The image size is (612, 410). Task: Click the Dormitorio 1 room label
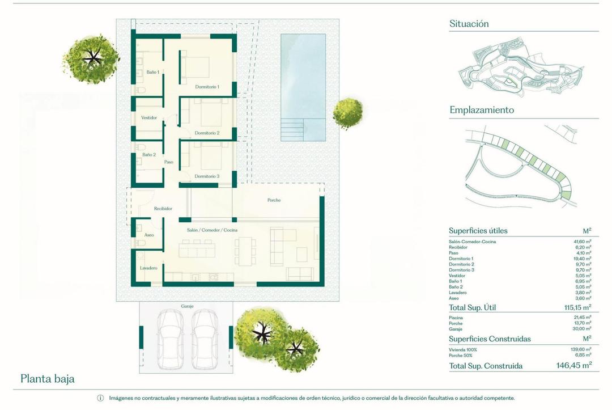pos(207,87)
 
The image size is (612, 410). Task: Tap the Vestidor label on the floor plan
pos(149,118)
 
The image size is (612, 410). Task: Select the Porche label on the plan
pos(274,200)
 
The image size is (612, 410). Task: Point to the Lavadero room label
pos(148,268)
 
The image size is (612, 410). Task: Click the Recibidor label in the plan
pos(163,209)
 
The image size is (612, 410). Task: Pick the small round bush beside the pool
pos(347,113)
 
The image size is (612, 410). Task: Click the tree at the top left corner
pos(91,58)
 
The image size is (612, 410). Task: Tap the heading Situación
pos(469,24)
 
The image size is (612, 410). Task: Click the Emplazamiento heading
pos(482,110)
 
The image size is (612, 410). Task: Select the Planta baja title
pos(48,379)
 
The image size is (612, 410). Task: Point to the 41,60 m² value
pos(581,242)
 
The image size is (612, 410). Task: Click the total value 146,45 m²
pos(574,366)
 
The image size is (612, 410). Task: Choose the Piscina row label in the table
pos(456,318)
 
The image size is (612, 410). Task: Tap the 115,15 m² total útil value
pos(575,307)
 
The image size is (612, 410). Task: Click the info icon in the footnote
pos(100,398)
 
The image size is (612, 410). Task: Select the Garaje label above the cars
pos(187,306)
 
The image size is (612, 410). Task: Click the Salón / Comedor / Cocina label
pos(212,230)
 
